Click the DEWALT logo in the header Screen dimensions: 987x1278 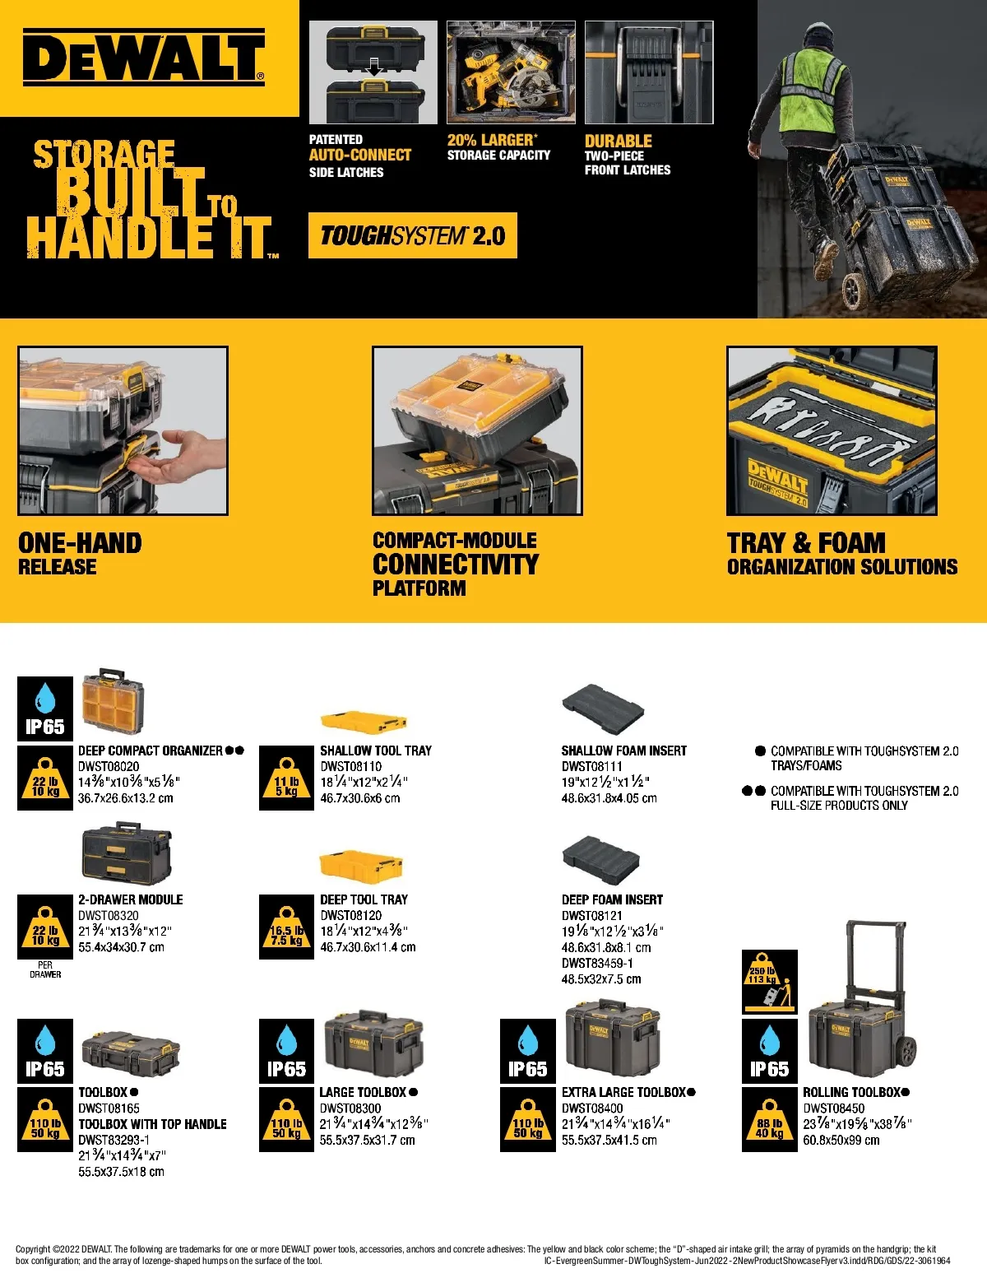(143, 58)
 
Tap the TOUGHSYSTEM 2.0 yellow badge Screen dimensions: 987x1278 (413, 235)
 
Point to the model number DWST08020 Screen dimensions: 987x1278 (109, 766)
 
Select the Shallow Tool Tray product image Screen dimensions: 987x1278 (364, 723)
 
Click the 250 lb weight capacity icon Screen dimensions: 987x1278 (770, 982)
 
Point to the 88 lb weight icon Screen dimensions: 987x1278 (770, 1120)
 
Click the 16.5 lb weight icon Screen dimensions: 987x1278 (286, 927)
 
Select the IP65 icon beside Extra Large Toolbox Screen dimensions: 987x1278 (528, 1051)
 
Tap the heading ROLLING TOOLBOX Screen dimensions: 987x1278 (852, 1092)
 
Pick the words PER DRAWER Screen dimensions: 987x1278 (45, 969)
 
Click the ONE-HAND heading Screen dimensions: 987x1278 (80, 543)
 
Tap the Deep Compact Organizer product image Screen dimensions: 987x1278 (113, 701)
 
